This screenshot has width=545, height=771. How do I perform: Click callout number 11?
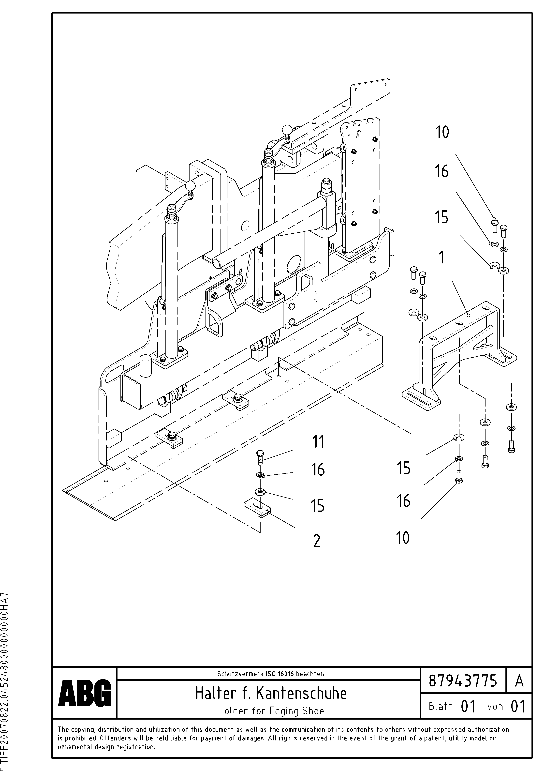tap(318, 442)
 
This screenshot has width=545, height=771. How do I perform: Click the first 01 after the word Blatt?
tap(468, 707)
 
